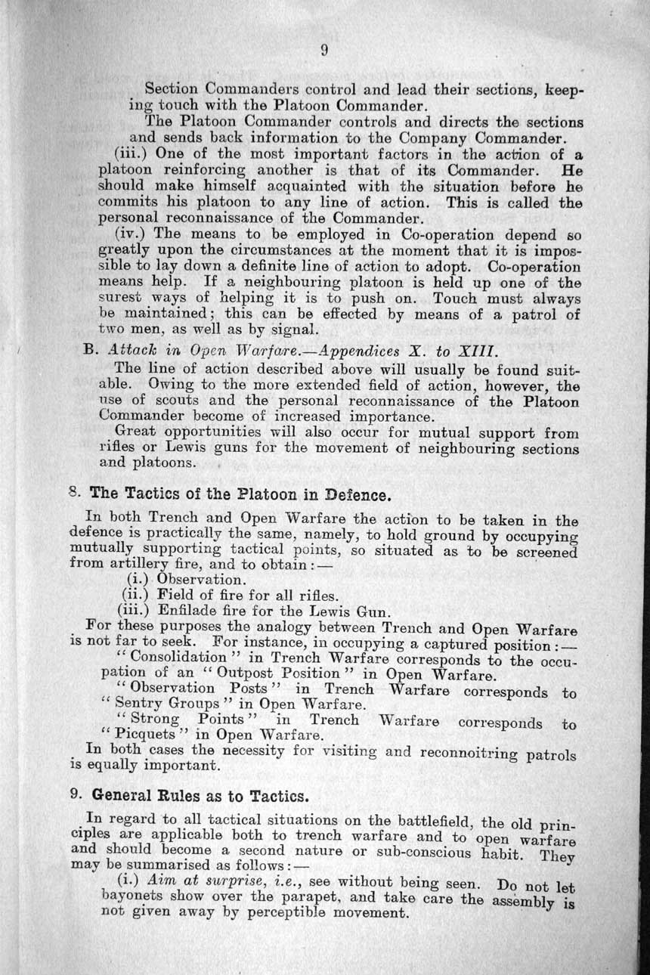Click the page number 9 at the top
323,51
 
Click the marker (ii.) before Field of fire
133,596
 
